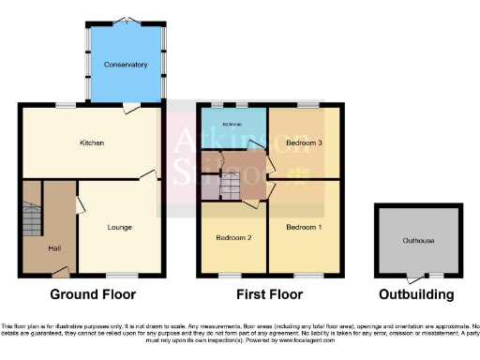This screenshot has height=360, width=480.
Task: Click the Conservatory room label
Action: pyautogui.click(x=126, y=65)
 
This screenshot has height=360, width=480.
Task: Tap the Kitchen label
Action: pyautogui.click(x=91, y=142)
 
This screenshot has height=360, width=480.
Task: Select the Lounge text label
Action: pyautogui.click(x=119, y=227)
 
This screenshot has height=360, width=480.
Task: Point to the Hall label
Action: pyautogui.click(x=55, y=247)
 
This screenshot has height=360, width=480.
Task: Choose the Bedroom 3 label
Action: pyautogui.click(x=305, y=142)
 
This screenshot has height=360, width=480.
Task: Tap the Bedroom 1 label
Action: pyautogui.click(x=305, y=227)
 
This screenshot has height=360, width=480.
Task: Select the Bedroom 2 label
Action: pyautogui.click(x=232, y=237)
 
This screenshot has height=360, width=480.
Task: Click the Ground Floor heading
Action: pyautogui.click(x=93, y=294)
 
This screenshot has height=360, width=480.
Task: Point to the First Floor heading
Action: pyautogui.click(x=269, y=294)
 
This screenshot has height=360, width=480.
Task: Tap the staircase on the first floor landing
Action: pyautogui.click(x=230, y=187)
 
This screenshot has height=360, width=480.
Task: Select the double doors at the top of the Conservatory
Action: pyautogui.click(x=126, y=21)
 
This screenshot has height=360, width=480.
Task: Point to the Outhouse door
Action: pyautogui.click(x=413, y=276)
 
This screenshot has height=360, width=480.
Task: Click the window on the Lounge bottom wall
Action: pyautogui.click(x=118, y=276)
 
